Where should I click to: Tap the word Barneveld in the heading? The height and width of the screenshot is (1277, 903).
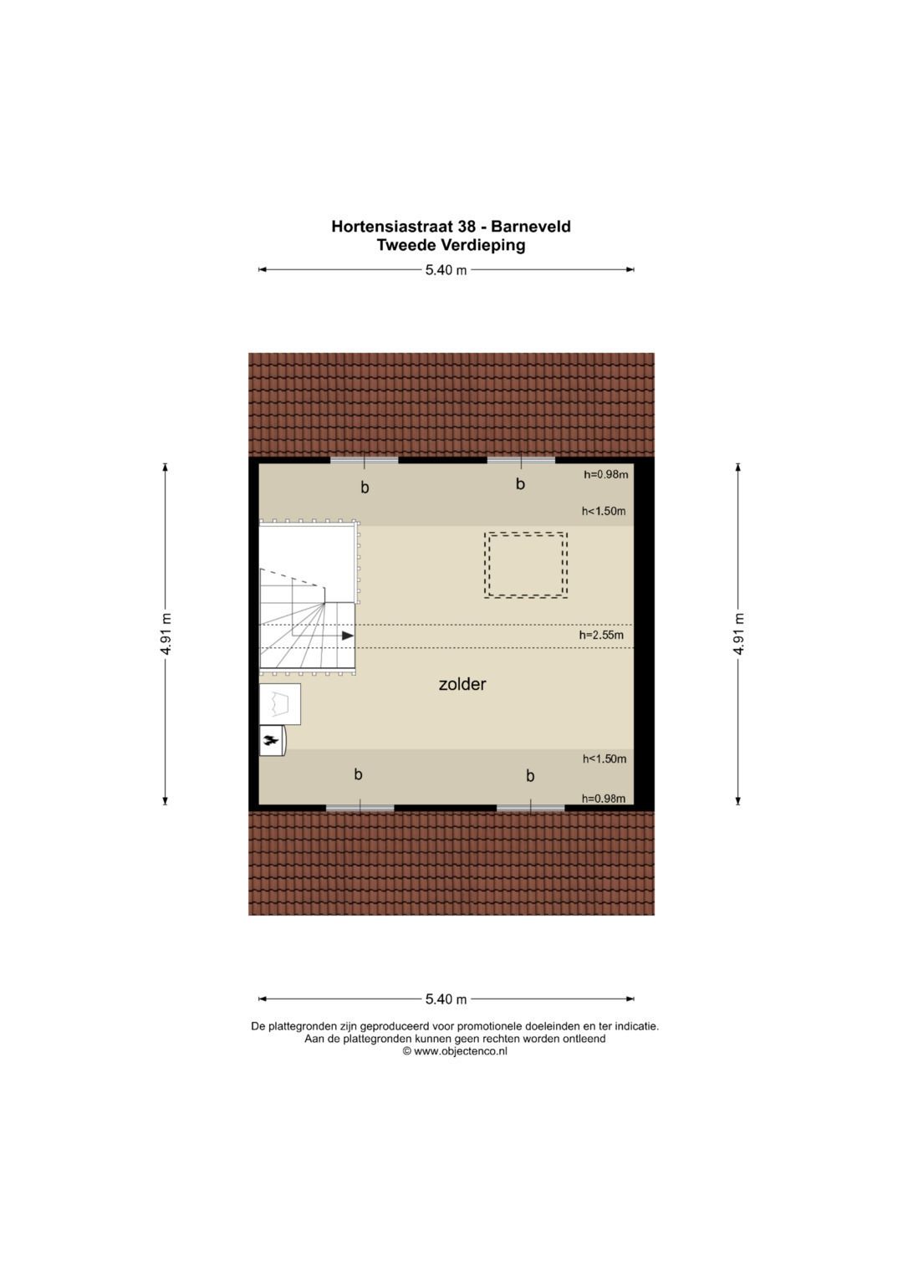pyautogui.click(x=531, y=227)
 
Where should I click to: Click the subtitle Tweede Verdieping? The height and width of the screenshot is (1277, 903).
pyautogui.click(x=451, y=246)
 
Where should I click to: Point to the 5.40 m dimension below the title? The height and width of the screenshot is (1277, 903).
pyautogui.click(x=446, y=270)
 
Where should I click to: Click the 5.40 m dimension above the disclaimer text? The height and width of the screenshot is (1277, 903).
pyautogui.click(x=446, y=999)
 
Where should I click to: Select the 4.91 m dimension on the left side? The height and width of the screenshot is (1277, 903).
pyautogui.click(x=166, y=634)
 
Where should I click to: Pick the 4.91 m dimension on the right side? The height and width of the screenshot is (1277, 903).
pyautogui.click(x=738, y=634)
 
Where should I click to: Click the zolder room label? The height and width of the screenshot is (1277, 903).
pyautogui.click(x=462, y=684)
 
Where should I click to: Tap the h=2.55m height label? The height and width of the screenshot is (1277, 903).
pyautogui.click(x=601, y=636)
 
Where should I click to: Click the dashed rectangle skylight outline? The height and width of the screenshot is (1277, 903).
pyautogui.click(x=526, y=565)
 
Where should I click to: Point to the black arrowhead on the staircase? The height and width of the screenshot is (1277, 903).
pyautogui.click(x=348, y=636)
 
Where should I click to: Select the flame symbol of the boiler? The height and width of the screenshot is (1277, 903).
pyautogui.click(x=271, y=740)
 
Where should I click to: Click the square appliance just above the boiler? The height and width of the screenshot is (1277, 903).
pyautogui.click(x=280, y=704)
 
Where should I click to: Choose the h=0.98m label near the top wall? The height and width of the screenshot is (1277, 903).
pyautogui.click(x=605, y=475)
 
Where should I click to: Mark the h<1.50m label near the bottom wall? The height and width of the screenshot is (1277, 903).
pyautogui.click(x=605, y=759)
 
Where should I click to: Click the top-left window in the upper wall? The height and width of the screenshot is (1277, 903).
pyautogui.click(x=364, y=460)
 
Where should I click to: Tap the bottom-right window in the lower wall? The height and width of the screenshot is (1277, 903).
pyautogui.click(x=530, y=808)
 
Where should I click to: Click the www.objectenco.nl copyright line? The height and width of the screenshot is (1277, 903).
pyautogui.click(x=455, y=1052)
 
